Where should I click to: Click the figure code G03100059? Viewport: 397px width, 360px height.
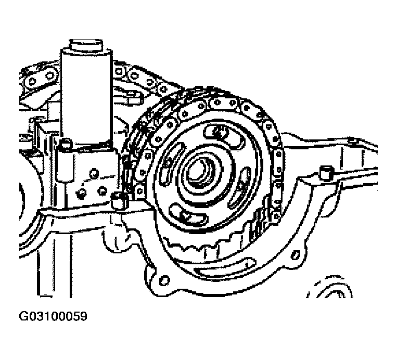click(53, 316)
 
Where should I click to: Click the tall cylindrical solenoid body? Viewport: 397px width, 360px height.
click(86, 96)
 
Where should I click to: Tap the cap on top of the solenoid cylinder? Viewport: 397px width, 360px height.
click(86, 45)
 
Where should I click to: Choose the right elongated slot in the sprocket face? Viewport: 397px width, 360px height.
click(239, 187)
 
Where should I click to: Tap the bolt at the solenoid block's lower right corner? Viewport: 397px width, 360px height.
click(119, 200)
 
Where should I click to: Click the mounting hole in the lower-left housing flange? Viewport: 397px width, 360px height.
click(164, 280)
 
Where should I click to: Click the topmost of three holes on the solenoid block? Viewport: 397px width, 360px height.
click(94, 173)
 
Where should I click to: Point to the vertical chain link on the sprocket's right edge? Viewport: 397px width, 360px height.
click(278, 162)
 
